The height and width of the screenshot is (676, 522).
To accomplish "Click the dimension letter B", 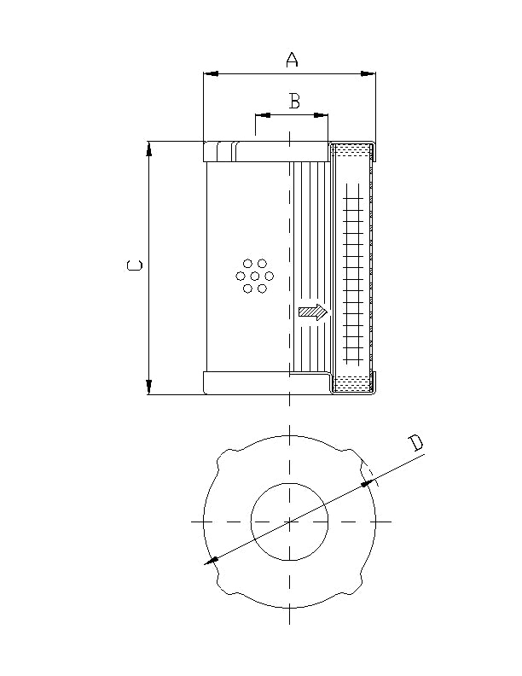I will click(294, 102).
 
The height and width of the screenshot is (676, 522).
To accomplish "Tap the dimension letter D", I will click(415, 442).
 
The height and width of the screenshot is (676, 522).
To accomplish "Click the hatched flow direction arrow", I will click(313, 312).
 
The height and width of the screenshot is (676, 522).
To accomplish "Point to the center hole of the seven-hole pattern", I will click(254, 276).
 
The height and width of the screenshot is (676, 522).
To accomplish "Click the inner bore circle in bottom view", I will click(290, 521).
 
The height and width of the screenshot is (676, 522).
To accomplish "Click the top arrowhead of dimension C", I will click(149, 149).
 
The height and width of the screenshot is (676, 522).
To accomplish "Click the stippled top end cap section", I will click(351, 151).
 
